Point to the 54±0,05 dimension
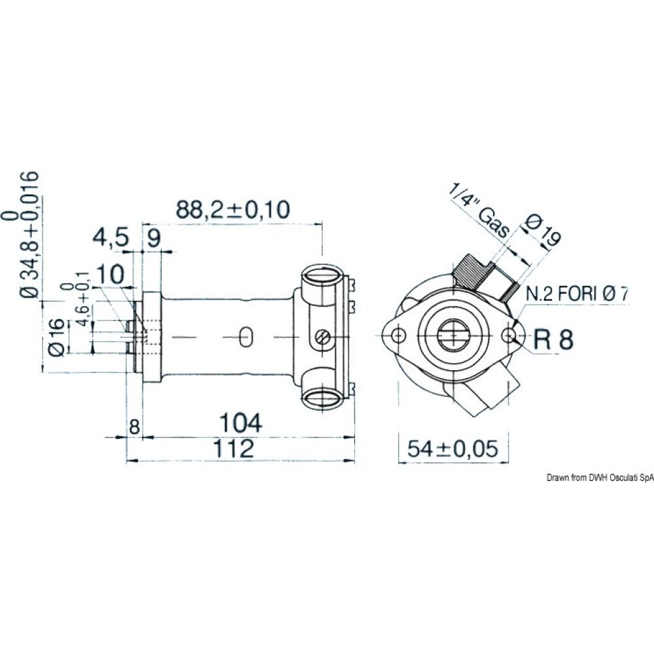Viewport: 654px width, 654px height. tap(453, 449)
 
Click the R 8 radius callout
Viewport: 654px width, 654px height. tap(553, 339)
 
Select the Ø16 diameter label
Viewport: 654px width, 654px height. tap(56, 337)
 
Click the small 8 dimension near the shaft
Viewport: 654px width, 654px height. tap(134, 427)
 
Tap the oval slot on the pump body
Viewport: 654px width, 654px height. tap(245, 336)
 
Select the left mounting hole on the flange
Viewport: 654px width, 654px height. tap(398, 336)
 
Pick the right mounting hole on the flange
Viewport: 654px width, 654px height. tap(509, 336)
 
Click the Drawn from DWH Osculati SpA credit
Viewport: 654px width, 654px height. tap(599, 479)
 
